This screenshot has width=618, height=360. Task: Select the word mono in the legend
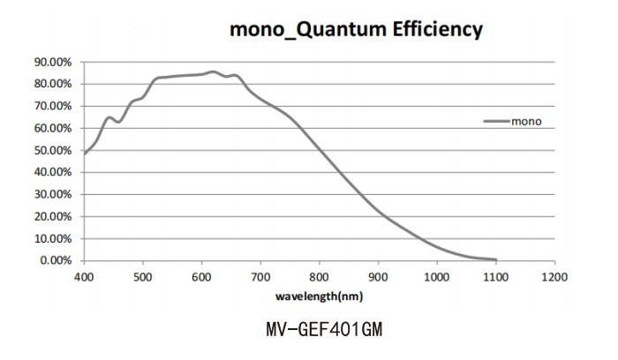[x=528, y=121]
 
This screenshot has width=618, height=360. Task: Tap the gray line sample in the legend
[x=496, y=121]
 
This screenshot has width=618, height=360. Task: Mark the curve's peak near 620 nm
[x=213, y=72]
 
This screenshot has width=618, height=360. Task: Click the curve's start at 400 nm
[x=85, y=154]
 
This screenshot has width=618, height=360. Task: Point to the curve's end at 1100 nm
[x=495, y=259]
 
